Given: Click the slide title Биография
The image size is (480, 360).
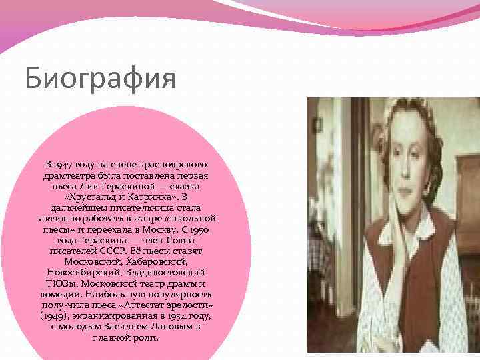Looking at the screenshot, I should coord(100,78).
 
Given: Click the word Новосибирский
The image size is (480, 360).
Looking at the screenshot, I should coord(81,273).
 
